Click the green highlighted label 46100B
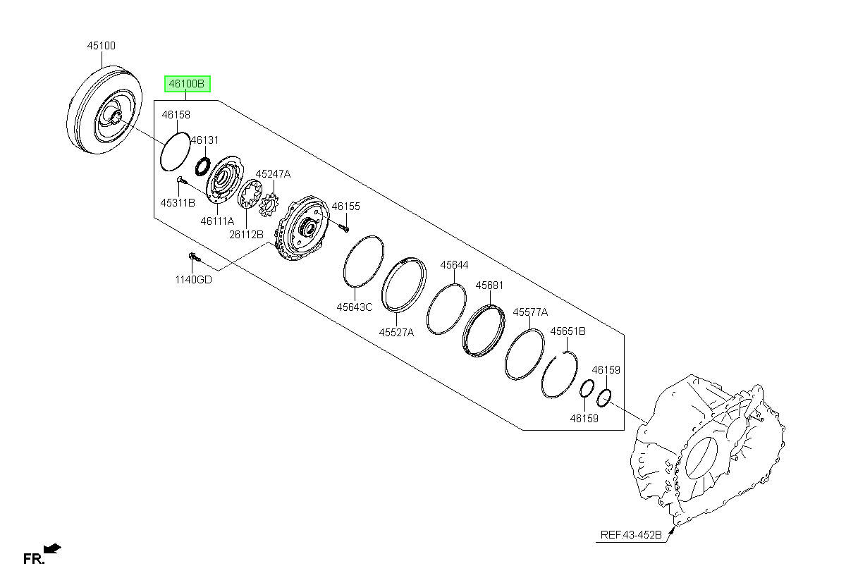point(187,83)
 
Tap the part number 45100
point(102,46)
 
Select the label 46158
point(176,115)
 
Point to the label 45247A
point(273,174)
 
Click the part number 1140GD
point(194,280)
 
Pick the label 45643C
point(355,307)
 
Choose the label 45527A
point(396,333)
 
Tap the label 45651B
point(568,331)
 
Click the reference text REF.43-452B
point(631,535)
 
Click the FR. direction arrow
point(52,548)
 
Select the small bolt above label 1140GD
point(194,257)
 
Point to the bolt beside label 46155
point(344,228)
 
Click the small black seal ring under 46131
point(203,167)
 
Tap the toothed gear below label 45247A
point(269,204)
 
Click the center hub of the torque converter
point(115,116)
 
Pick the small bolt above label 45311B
point(181,180)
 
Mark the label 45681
point(489,285)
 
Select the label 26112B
point(246,235)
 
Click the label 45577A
point(530,312)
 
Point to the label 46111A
point(218,221)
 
